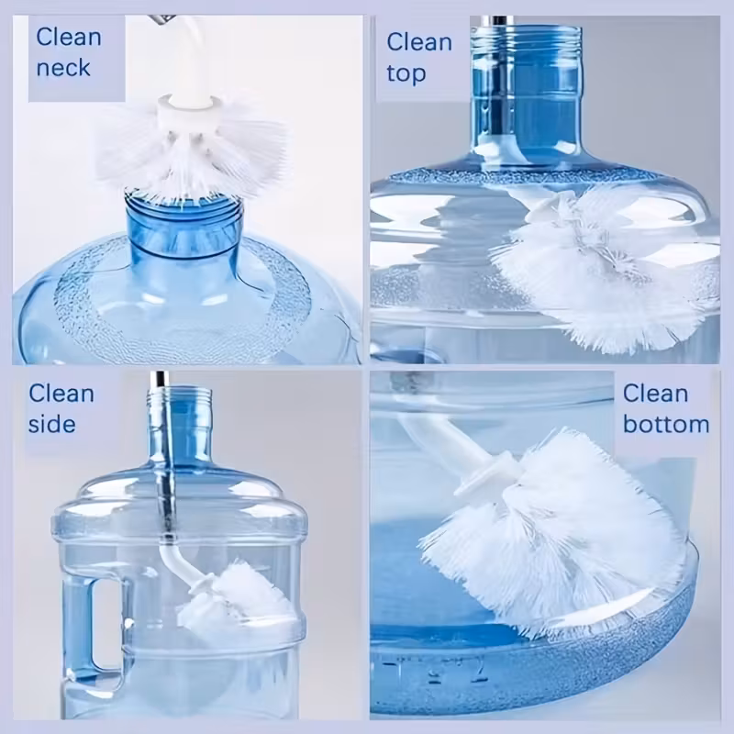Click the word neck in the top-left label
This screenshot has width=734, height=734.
(x=63, y=67)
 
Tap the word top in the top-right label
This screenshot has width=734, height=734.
(x=406, y=73)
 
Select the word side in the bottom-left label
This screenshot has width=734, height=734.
(x=52, y=424)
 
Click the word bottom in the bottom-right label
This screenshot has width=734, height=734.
(x=666, y=424)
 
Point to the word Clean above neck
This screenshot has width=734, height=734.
(x=68, y=37)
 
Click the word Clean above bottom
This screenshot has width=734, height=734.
(x=655, y=394)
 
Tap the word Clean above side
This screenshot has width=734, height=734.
(x=61, y=394)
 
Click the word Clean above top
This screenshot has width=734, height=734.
(x=419, y=42)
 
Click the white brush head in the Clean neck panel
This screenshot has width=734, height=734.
(x=192, y=150)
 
